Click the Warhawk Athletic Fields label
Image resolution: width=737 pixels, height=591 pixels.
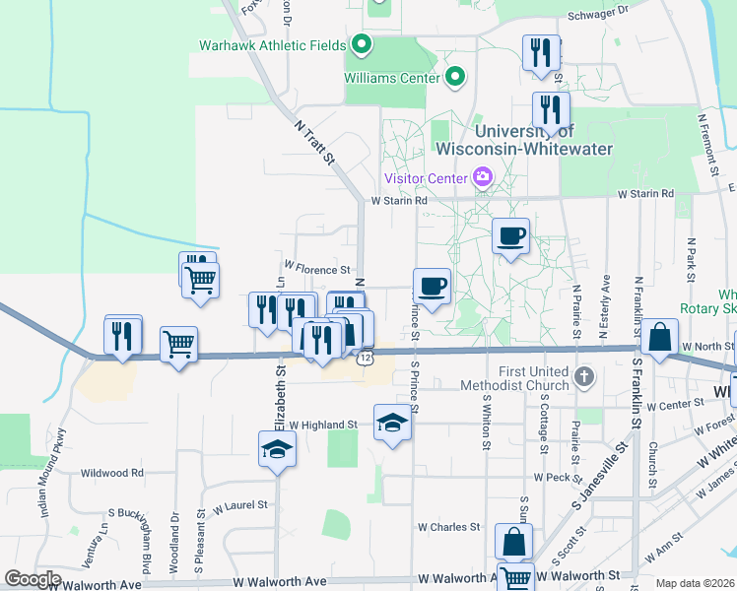273,45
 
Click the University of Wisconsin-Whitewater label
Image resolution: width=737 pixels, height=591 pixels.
523,140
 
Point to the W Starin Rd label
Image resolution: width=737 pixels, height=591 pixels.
399,201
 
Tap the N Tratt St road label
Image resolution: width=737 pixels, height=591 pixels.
315,142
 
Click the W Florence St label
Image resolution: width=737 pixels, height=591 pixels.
317,269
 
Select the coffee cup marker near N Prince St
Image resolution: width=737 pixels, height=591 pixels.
433,287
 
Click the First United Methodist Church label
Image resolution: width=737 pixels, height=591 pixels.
535,378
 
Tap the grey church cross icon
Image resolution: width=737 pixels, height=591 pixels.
584,375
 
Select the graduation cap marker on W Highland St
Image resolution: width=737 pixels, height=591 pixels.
392,423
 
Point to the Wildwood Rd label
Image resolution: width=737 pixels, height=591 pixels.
112,473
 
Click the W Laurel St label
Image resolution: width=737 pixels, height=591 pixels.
241,505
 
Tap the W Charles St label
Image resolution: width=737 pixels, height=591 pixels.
447,527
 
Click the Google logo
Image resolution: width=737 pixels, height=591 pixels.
33,579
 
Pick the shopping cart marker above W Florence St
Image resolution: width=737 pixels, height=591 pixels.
201,280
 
